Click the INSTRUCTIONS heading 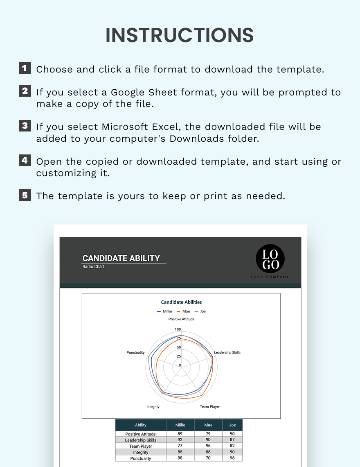tap(180, 35)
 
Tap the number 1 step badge tap(25, 68)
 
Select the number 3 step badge tap(25, 125)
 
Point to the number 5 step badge tap(25, 195)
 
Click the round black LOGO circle tap(270, 259)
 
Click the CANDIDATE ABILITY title tap(121, 258)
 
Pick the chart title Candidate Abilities tap(181, 302)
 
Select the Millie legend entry tap(165, 311)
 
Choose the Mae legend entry tap(184, 311)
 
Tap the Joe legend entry tap(200, 311)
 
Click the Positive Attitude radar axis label tap(181, 319)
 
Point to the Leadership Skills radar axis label tap(227, 353)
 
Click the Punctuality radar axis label tap(135, 353)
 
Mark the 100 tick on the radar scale tap(178, 329)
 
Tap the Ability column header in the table tap(141, 425)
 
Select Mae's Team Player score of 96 tap(208, 446)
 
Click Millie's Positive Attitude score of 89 tap(180, 434)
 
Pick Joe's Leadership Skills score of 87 tap(232, 440)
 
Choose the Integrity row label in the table tap(141, 452)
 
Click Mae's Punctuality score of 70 tap(208, 458)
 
